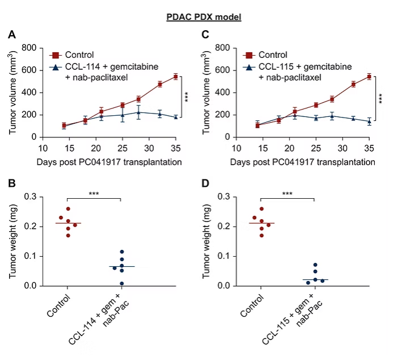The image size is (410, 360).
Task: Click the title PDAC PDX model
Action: pos(204,18)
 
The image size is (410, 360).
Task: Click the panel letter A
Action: pos(11,35)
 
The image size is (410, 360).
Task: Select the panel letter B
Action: pos(11,184)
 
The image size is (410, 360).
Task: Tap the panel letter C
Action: pos(206,35)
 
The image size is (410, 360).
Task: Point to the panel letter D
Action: pos(206,184)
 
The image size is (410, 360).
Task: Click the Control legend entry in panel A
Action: pos(79,55)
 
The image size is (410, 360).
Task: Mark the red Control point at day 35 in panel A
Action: pos(175,76)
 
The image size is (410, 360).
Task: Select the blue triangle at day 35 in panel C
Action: pos(369,121)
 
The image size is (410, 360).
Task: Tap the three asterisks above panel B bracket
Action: pos(94,194)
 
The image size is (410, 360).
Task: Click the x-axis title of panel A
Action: pos(109,162)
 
